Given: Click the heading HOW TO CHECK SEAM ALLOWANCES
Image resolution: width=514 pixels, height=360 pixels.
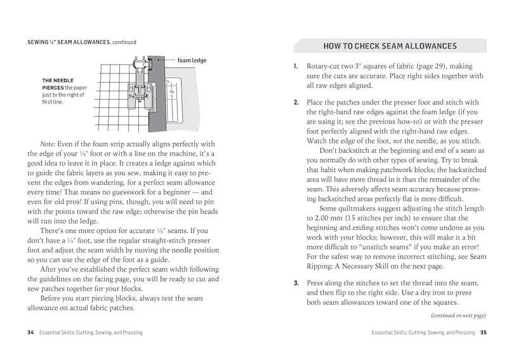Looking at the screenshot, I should click(390, 46).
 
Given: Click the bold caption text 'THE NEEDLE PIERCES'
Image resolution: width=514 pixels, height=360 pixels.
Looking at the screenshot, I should click(61, 84).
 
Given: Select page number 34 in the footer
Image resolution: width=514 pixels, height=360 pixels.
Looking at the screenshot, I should click(30, 332).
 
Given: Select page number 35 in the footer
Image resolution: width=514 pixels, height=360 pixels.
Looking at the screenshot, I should click(483, 332).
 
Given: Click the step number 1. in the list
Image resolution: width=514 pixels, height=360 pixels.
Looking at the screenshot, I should click(296, 67).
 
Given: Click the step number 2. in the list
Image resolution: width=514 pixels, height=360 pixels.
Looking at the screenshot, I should click(296, 102).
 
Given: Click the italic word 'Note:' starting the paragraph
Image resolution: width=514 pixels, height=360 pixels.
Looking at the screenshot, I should click(49, 144).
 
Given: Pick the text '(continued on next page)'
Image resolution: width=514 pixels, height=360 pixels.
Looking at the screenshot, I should click(458, 316).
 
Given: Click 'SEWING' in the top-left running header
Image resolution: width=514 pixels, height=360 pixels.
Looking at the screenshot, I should click(40, 43).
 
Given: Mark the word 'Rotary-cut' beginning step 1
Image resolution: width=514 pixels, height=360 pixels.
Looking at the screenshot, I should click(325, 67).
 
